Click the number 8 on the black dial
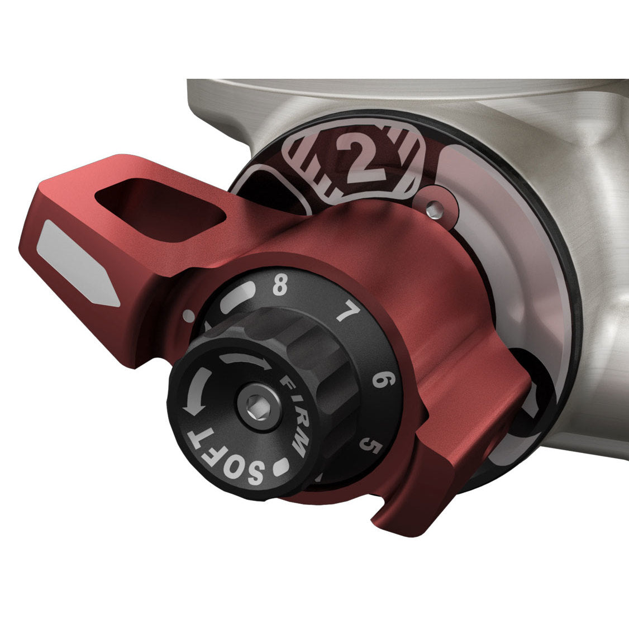[280, 286]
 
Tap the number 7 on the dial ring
[347, 312]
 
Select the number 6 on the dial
[384, 379]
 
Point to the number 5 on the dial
[370, 445]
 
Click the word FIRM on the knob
[296, 416]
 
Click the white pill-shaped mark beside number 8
[237, 296]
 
